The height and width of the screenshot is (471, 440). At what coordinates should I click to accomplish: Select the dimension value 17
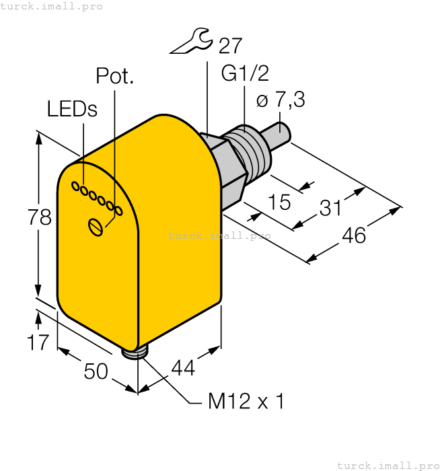38,342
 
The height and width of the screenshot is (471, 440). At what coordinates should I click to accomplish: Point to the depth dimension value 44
183,367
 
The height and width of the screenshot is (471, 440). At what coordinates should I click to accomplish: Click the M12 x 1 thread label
246,402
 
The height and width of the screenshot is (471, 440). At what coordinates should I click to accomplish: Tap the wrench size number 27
230,46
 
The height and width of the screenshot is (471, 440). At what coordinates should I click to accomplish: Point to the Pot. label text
115,75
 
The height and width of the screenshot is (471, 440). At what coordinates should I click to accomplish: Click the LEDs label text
72,109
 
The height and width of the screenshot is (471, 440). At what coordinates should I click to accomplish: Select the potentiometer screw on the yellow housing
96,227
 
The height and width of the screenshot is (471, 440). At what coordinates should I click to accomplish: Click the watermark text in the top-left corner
52,6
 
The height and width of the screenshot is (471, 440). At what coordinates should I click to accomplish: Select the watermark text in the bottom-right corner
388,465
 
